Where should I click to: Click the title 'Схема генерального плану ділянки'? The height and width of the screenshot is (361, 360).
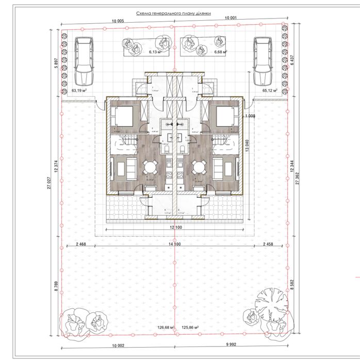pos(174,15)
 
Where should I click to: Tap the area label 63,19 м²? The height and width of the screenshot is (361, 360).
pos(79,90)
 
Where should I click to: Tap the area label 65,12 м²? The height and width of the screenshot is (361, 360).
pos(270,90)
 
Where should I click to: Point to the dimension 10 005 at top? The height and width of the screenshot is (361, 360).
pos(117,21)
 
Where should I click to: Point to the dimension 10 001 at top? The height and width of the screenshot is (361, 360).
pos(231,19)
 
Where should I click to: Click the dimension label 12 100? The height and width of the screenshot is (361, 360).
pos(175,227)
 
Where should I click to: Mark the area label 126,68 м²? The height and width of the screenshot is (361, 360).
pos(160,327)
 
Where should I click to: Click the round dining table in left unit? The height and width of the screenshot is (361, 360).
pos(151,167)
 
